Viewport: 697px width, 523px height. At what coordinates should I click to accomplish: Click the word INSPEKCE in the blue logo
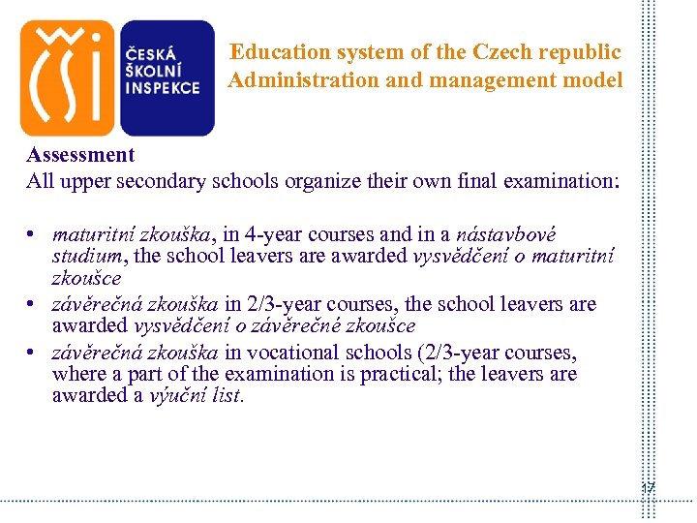tap(163, 87)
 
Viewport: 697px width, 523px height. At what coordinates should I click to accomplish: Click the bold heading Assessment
tap(80, 155)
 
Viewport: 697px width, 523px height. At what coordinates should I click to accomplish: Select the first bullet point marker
tap(32, 235)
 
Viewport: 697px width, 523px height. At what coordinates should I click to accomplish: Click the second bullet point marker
tap(32, 305)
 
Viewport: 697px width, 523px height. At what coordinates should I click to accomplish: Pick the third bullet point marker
tap(32, 352)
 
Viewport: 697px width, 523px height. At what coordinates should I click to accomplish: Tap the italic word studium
tap(87, 258)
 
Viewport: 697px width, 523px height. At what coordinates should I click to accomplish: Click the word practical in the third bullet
tap(392, 374)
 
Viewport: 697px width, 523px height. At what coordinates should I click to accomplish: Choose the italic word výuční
tap(174, 396)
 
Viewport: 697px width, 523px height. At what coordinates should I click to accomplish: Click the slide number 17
tap(648, 488)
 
